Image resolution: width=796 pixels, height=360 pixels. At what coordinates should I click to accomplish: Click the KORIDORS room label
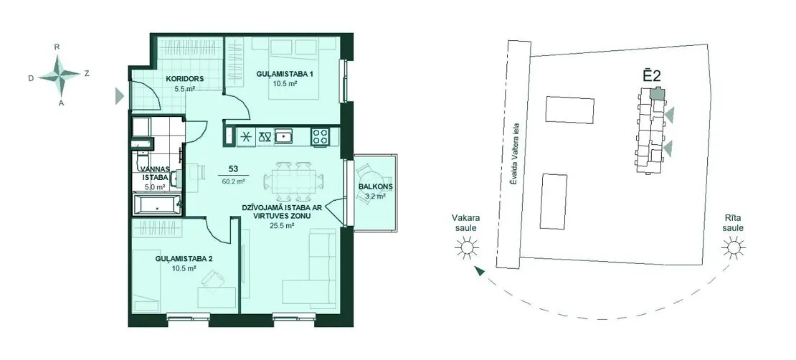185,79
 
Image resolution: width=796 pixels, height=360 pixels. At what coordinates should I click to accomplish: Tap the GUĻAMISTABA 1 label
284,74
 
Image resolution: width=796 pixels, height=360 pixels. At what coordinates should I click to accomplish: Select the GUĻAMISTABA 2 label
184,258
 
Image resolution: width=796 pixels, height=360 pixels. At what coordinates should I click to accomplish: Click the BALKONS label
375,186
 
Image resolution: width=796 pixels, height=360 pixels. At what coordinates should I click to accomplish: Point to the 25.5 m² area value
283,226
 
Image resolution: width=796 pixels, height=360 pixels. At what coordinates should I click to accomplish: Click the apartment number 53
234,169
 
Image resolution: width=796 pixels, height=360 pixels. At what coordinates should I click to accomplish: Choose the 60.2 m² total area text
234,180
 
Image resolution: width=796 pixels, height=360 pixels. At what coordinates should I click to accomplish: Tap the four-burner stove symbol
321,136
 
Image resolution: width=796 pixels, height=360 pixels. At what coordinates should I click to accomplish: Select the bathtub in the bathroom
157,205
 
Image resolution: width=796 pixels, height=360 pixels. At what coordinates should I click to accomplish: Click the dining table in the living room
293,181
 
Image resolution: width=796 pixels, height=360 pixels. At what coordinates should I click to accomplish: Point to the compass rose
60,75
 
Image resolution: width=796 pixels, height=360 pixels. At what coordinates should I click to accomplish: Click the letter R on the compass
57,47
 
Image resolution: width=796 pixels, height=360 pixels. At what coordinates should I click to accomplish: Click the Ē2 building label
651,76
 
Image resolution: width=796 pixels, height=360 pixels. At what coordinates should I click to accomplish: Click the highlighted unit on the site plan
657,93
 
